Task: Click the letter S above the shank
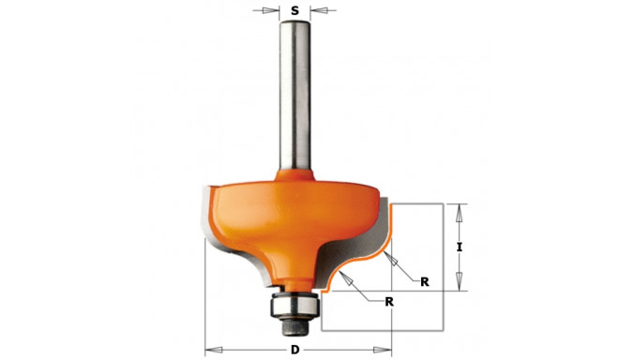[x=294, y=12]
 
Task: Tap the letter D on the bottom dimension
[x=294, y=351]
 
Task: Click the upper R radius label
[x=424, y=280]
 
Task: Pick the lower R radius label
[x=388, y=301]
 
